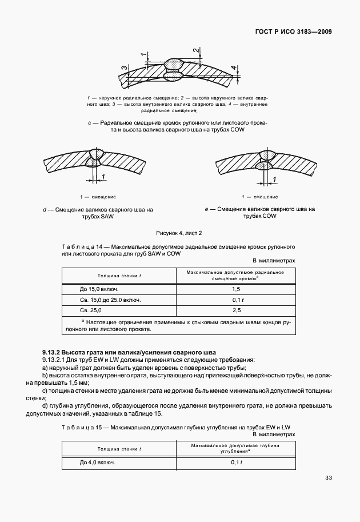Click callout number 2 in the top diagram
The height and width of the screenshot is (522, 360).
pyautogui.click(x=196, y=51)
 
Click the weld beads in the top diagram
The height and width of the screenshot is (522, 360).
pyautogui.click(x=174, y=68)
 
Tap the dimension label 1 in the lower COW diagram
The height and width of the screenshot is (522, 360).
pyautogui.click(x=275, y=180)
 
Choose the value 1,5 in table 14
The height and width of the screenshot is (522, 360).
pyautogui.click(x=236, y=289)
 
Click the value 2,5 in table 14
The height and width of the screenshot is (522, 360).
pyautogui.click(x=236, y=310)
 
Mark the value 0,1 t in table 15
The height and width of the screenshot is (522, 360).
pyautogui.click(x=236, y=462)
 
